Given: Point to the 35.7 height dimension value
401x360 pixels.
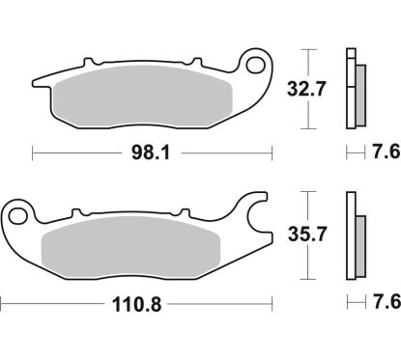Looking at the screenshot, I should [x=306, y=232].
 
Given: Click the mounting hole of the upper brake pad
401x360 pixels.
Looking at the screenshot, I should [x=258, y=66].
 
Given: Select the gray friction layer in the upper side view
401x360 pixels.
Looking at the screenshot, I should [x=358, y=93].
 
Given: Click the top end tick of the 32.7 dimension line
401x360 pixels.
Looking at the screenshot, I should [x=306, y=47].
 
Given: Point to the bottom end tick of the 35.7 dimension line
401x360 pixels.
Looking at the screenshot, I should [x=306, y=274].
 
